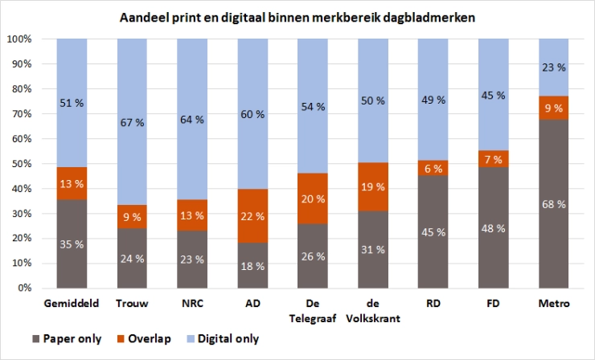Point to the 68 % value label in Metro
555,203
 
